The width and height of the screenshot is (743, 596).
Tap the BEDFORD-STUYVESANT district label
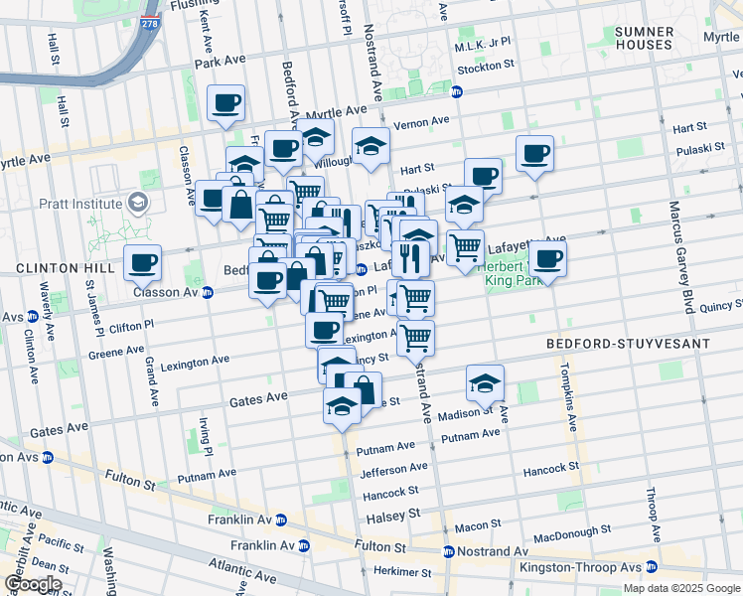pos(628,344)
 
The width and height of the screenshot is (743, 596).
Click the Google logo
pos(32,585)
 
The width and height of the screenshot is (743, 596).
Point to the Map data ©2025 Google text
pos(680,588)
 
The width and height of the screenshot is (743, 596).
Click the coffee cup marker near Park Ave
pos(225,102)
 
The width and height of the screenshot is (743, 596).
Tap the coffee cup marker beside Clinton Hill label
pos(143,263)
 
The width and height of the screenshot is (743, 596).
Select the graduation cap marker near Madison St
pos(485,383)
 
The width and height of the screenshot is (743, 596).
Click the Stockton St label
pos(486,68)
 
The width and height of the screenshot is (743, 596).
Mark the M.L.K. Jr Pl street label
pos(482,45)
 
